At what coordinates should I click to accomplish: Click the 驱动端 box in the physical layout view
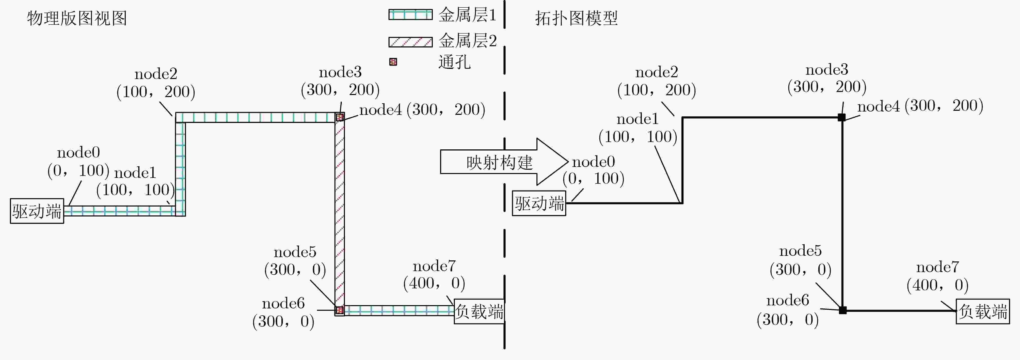[37, 211]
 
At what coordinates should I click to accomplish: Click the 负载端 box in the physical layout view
[479, 311]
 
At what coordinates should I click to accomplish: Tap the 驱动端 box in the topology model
[539, 203]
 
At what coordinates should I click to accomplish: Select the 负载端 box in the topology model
[983, 311]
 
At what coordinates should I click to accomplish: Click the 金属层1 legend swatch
[410, 15]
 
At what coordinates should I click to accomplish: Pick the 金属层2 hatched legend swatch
[410, 42]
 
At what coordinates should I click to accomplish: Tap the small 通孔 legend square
[393, 62]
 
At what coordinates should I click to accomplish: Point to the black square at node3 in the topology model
[842, 117]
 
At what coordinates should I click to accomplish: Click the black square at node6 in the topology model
[843, 310]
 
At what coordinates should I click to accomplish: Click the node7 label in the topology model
[938, 267]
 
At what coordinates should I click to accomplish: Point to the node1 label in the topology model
[637, 119]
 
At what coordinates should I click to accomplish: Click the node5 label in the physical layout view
[295, 252]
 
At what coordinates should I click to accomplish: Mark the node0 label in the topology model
[593, 162]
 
